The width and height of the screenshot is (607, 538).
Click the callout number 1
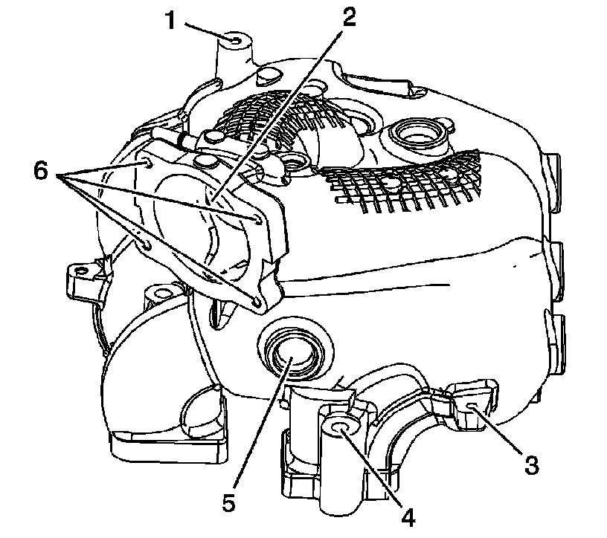(x=171, y=20)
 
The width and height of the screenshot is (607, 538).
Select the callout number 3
(x=530, y=466)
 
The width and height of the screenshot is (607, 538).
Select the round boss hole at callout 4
(x=338, y=427)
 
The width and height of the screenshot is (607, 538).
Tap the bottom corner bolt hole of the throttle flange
(x=257, y=302)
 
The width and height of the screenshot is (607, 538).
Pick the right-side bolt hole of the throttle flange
(x=257, y=218)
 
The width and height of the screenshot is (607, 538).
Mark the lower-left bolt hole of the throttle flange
(x=146, y=244)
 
